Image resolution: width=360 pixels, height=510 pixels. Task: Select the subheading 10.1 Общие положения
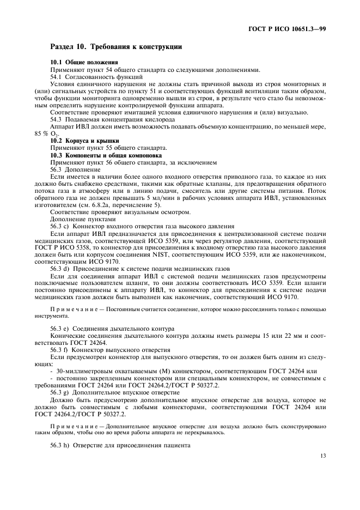point(84,63)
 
